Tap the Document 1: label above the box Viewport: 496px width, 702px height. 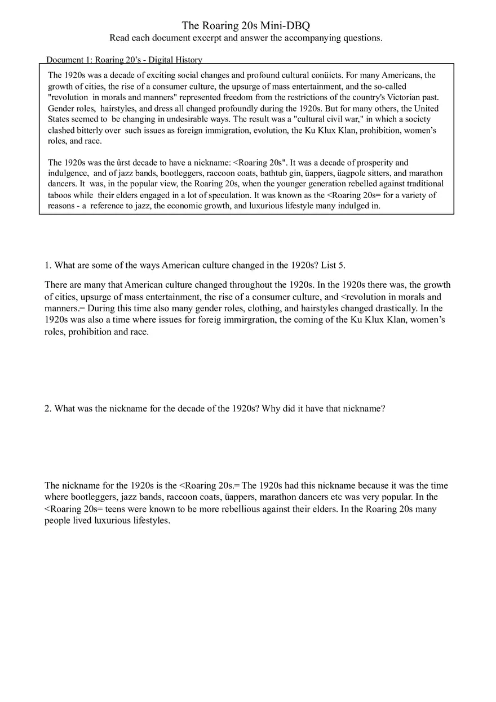69,60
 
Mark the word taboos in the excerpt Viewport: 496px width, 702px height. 60,195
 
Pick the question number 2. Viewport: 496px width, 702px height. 48,409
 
